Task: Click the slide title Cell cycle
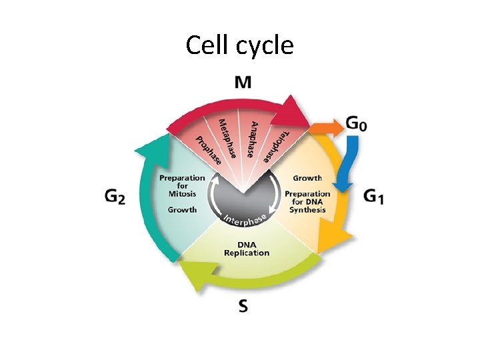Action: pyautogui.click(x=239, y=45)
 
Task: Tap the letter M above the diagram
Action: pyautogui.click(x=244, y=83)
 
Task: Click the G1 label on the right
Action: pyautogui.click(x=374, y=197)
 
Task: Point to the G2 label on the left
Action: pyautogui.click(x=115, y=197)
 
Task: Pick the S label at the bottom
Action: pyautogui.click(x=244, y=306)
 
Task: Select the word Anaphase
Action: pyautogui.click(x=253, y=139)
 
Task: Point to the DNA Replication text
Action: pyautogui.click(x=247, y=248)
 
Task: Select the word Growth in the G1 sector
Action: pyautogui.click(x=307, y=178)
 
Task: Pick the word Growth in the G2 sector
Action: pyautogui.click(x=182, y=209)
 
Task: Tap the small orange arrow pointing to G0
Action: pyautogui.click(x=326, y=126)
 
